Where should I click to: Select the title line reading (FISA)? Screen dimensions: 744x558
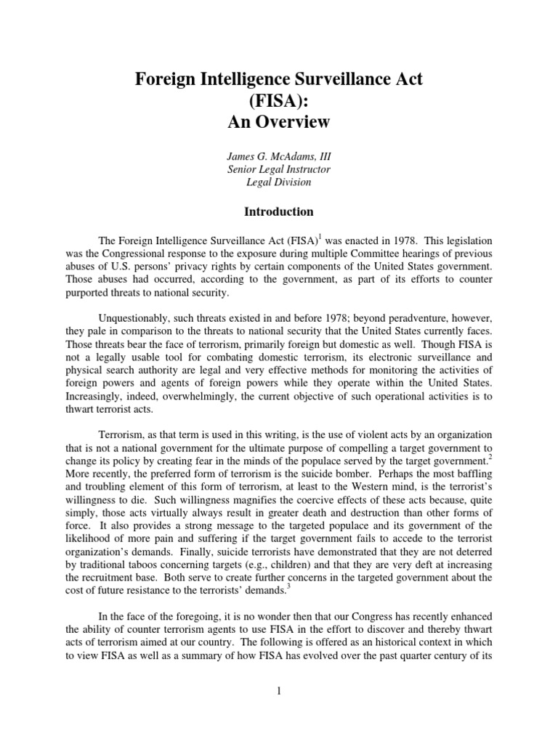(x=278, y=101)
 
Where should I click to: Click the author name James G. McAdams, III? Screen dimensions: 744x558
(x=278, y=155)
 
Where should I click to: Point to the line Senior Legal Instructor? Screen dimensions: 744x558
(x=278, y=169)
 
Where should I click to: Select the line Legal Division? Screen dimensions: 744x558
(x=278, y=182)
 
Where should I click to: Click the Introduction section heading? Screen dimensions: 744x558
(x=278, y=212)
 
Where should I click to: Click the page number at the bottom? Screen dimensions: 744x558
(x=278, y=690)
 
